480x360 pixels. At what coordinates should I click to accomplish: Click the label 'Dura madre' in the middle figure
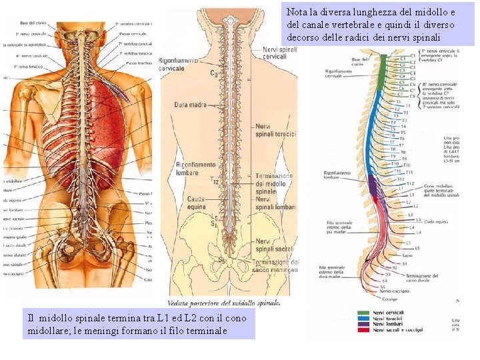click(x=190, y=105)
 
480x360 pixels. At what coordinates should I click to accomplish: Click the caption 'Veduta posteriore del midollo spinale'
click(x=224, y=303)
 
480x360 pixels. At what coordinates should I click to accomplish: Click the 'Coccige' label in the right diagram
click(x=389, y=298)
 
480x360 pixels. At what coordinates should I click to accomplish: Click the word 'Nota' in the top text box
click(x=297, y=12)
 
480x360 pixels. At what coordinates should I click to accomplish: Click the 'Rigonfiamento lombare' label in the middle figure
click(x=195, y=169)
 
